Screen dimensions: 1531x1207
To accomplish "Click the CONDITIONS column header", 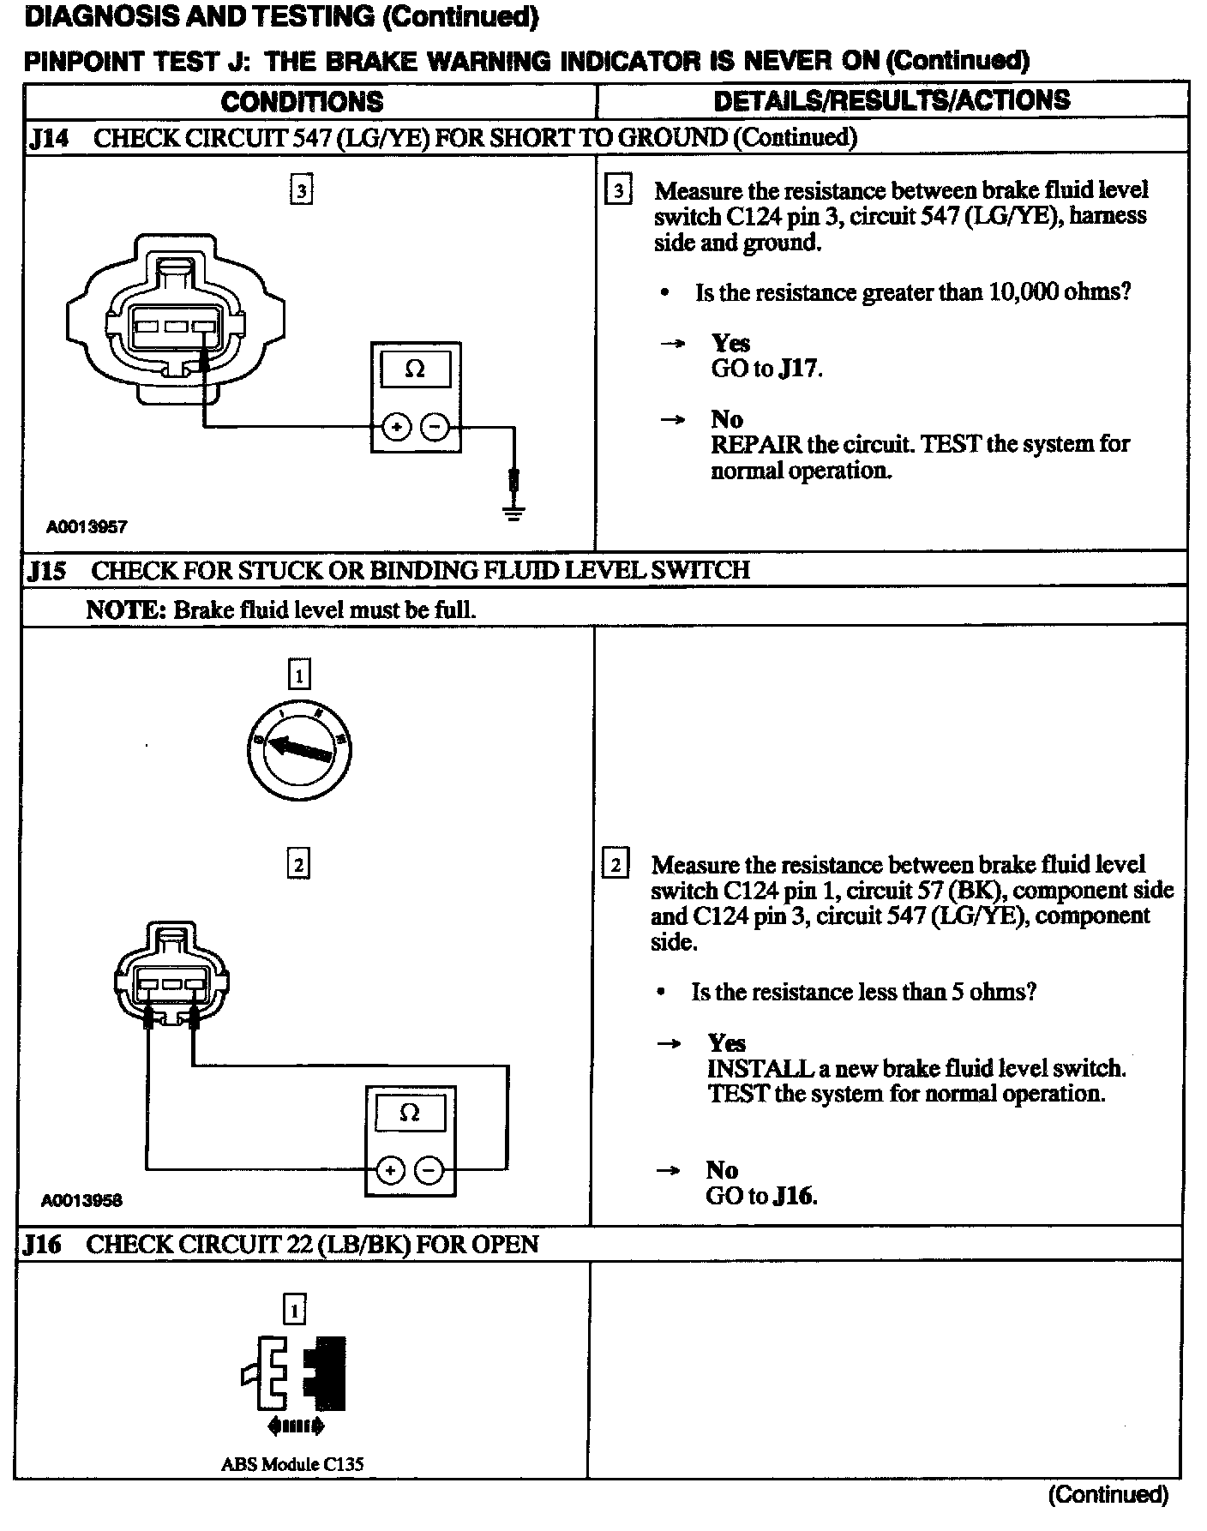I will pos(302,102).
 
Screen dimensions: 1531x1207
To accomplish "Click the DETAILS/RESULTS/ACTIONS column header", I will pos(892,100).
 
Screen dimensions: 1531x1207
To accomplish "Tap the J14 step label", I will pos(48,138).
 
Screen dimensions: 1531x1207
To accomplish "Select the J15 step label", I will pos(46,571).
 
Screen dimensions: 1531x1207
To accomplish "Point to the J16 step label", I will pos(43,1245).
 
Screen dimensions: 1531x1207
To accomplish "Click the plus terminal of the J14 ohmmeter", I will pos(396,426).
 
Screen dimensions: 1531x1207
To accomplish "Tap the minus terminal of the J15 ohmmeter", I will pos(429,1170).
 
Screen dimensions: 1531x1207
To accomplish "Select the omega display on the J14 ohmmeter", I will pos(415,369).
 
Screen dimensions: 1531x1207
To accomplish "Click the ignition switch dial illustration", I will pos(299,749).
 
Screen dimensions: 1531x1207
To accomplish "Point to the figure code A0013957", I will pos(87,527).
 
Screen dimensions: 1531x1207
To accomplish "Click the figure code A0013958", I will pos(81,1200).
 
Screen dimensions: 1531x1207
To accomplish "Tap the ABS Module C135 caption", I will pos(291,1464).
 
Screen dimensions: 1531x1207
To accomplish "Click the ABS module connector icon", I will pos(295,1374).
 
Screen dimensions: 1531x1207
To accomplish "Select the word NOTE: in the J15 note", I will pos(125,610).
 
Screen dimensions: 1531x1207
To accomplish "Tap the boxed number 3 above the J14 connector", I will pos(301,190).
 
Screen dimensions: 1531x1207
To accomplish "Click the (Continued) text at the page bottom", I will pos(1108,1495).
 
